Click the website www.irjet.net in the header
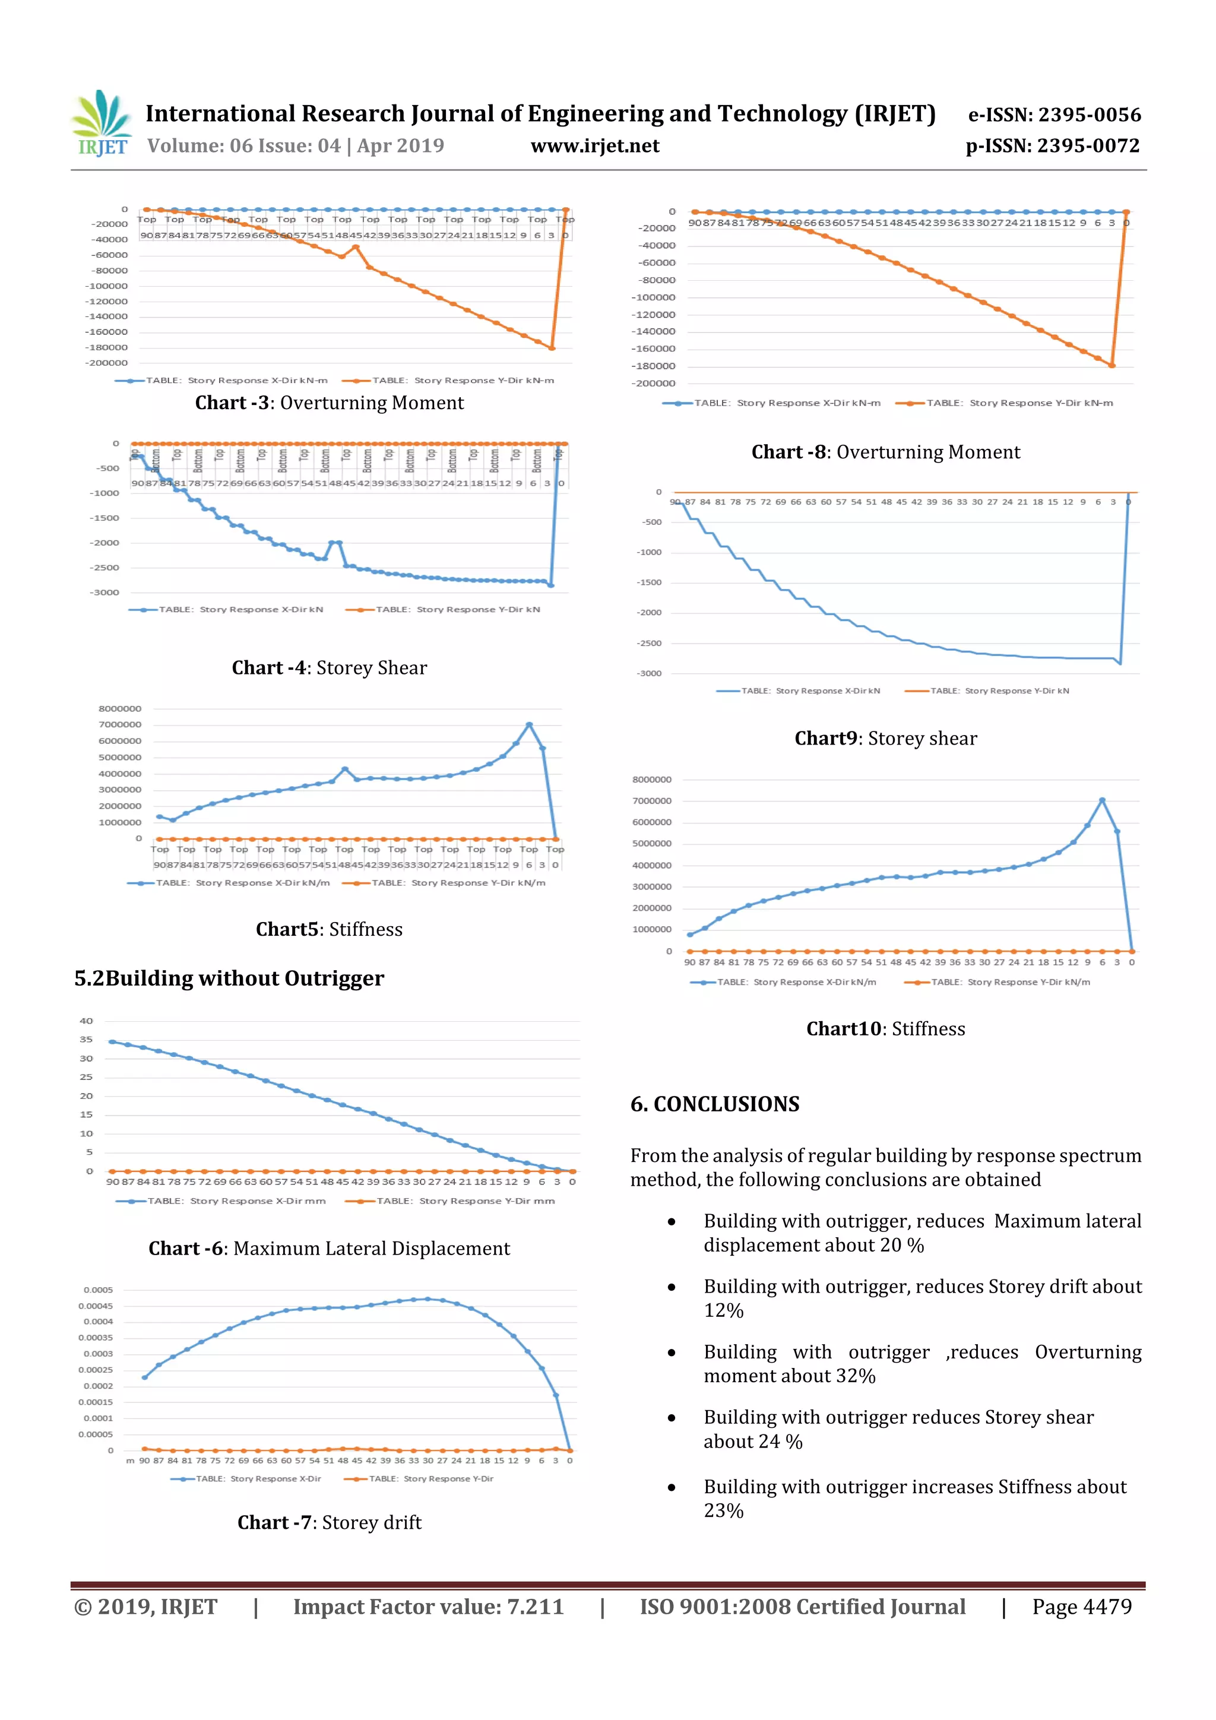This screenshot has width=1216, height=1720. [x=595, y=145]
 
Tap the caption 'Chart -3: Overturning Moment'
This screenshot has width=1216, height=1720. [x=329, y=403]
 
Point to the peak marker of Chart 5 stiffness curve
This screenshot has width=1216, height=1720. [x=529, y=724]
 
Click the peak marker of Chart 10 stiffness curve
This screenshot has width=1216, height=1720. [x=1101, y=800]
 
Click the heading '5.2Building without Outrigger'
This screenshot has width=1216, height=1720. [x=229, y=978]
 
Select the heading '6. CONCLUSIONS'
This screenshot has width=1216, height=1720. [x=715, y=1104]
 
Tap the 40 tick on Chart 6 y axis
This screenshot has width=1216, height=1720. [x=86, y=1021]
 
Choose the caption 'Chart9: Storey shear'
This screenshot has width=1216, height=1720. [x=886, y=739]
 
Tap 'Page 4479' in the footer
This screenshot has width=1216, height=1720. [x=1081, y=1607]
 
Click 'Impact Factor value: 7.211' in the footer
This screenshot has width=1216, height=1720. [x=428, y=1607]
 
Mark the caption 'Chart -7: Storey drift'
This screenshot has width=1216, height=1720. [x=329, y=1523]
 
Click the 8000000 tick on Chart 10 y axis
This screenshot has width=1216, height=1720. [x=652, y=780]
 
